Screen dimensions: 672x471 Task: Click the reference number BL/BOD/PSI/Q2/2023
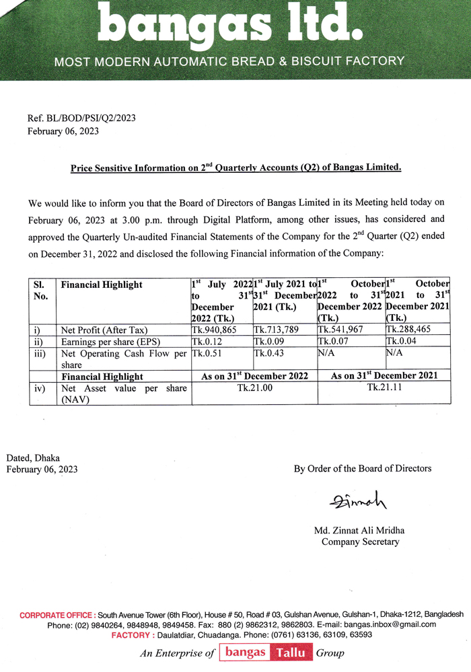[81, 118]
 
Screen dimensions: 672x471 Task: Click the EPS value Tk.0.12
[207, 341]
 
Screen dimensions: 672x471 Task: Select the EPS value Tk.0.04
[400, 341]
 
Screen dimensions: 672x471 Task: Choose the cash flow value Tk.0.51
[207, 352]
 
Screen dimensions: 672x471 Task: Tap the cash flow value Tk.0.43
[268, 352]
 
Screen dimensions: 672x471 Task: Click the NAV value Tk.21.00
[254, 388]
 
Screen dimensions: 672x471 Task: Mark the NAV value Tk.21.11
[383, 388]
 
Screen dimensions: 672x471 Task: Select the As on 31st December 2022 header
[254, 376]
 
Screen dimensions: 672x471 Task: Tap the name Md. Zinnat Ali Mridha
[359, 530]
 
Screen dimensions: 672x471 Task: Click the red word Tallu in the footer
[290, 652]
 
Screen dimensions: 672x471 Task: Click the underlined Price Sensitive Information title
[235, 167]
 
